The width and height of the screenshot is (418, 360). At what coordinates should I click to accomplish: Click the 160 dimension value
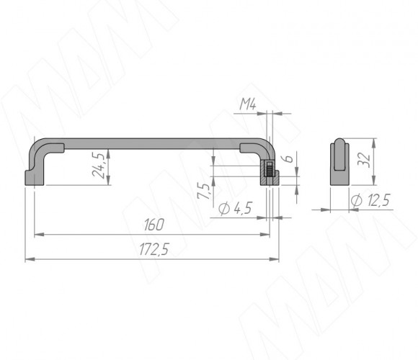(x=154, y=225)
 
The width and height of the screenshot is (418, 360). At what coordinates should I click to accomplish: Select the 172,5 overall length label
(x=154, y=250)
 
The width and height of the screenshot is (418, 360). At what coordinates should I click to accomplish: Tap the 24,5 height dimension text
(x=98, y=165)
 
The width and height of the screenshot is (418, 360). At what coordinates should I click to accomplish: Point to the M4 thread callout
(x=248, y=104)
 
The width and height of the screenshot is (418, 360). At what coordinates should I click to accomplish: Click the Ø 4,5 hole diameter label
(x=235, y=208)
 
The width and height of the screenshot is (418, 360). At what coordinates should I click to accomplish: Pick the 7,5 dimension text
(x=204, y=191)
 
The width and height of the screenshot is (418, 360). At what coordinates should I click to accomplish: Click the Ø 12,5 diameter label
(x=370, y=200)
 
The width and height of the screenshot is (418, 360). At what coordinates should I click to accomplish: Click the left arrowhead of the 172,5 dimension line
(x=30, y=259)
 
